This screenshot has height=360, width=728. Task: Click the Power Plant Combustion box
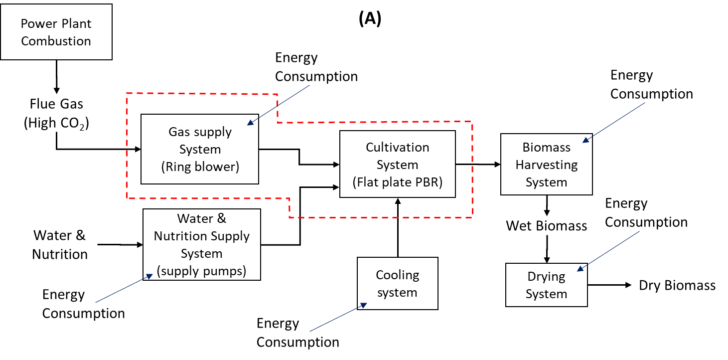point(56,32)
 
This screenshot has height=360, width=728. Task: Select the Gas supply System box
point(200,149)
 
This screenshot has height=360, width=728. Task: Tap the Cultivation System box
point(397,164)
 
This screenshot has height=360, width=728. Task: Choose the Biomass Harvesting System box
point(546,165)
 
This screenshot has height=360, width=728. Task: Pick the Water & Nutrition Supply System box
point(201,244)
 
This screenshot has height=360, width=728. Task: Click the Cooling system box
point(397,283)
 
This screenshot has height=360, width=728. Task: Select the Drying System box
point(546,285)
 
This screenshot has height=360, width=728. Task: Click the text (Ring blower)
point(200,167)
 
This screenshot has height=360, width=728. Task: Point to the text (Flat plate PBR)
point(397,182)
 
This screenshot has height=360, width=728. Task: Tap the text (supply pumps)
point(201,271)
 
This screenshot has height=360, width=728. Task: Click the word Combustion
point(56,41)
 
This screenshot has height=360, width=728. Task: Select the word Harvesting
point(546,165)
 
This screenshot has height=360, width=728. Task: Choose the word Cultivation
point(397,147)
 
